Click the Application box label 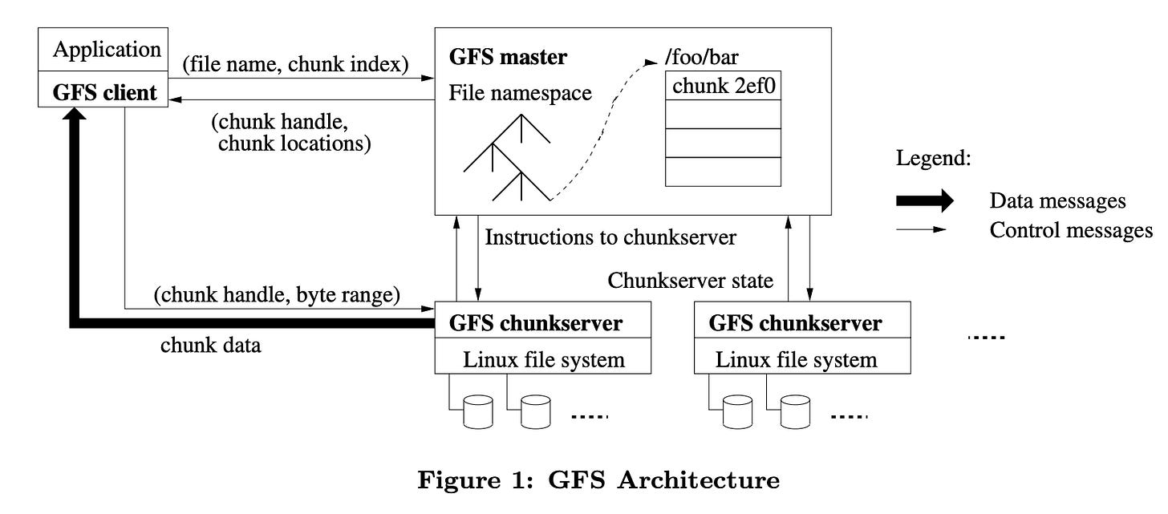[107, 50]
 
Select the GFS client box [104, 92]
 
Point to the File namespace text [520, 93]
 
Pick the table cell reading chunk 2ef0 [723, 86]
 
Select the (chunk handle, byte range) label [277, 294]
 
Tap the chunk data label [211, 346]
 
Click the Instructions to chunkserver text [610, 237]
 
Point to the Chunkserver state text [691, 281]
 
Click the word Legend [933, 158]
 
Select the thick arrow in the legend [924, 200]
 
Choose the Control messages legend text [1070, 231]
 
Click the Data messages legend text [1057, 200]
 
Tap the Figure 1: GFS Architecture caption [598, 480]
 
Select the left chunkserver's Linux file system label [544, 359]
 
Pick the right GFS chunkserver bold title [796, 323]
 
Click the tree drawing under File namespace [507, 158]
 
